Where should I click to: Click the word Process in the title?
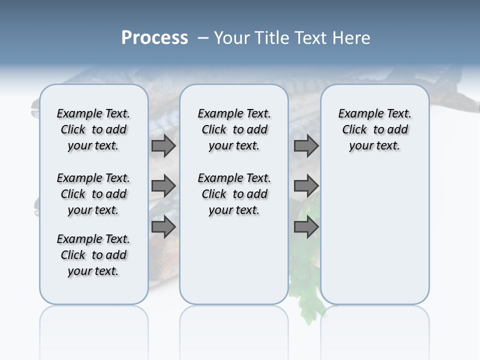coord(154,38)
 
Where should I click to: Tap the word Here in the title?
coord(352,38)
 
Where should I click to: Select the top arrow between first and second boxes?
coord(163,146)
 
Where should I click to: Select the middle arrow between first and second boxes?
coord(163,186)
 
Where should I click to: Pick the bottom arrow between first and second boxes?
coord(163,226)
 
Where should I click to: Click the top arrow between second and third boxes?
coord(306,146)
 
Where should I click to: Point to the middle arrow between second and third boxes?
coord(306,186)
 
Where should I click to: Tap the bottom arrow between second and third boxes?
coord(306,226)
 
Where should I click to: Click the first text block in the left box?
coord(93,129)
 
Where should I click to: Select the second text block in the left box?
coord(93,194)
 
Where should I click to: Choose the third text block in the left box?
coord(93,255)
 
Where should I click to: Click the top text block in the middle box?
coord(234,129)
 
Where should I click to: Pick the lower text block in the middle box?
coord(234,194)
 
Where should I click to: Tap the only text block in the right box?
coord(374,129)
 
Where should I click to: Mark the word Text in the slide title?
coord(309,38)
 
